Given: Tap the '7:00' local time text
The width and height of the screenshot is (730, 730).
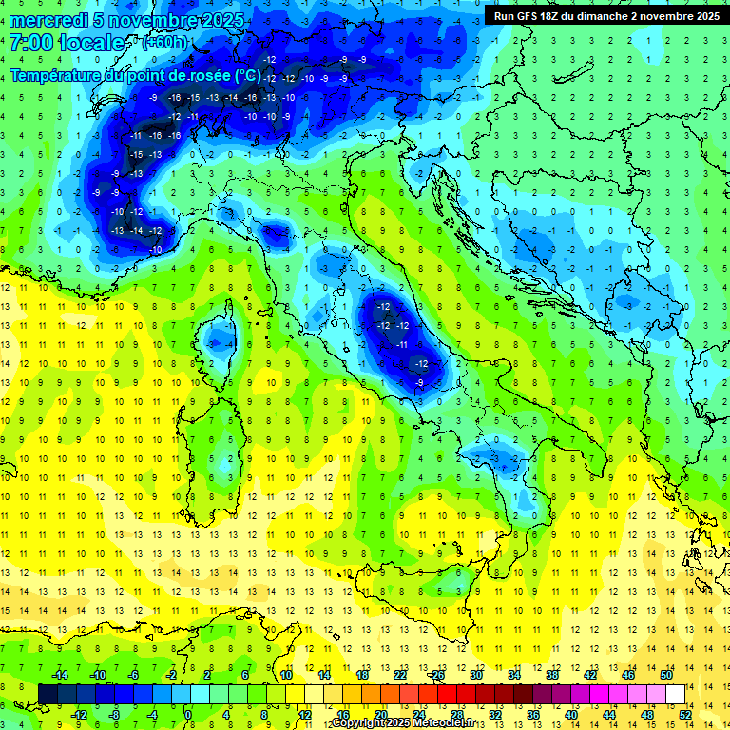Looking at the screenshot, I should click(x=30, y=44).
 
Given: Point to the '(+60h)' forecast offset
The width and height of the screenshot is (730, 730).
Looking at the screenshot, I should click(x=164, y=43).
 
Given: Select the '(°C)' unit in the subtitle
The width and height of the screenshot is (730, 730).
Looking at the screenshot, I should click(x=247, y=74).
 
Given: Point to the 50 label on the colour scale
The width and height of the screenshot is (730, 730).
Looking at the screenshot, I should click(x=666, y=674).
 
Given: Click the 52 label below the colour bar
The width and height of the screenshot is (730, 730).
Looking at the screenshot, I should click(x=686, y=714).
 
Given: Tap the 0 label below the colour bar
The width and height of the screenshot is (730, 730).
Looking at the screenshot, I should click(x=188, y=714).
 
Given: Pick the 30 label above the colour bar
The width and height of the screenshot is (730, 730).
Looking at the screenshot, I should click(x=476, y=674).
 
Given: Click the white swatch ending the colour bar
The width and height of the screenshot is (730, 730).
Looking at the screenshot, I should click(x=676, y=694).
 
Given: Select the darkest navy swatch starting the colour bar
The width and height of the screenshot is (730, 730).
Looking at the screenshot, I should click(x=48, y=694).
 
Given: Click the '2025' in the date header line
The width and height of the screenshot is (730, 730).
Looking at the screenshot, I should click(x=223, y=20).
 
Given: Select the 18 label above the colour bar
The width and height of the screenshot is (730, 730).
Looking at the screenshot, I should click(x=362, y=674).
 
